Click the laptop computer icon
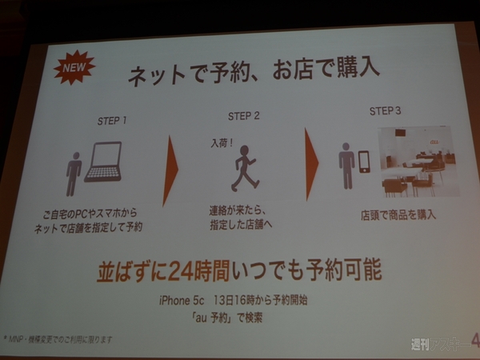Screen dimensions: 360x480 103,162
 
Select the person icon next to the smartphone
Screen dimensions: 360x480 346,165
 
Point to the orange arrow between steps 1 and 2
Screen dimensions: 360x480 170,169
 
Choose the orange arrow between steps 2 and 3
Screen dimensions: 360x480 312,161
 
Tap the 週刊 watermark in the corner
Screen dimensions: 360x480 420,345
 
